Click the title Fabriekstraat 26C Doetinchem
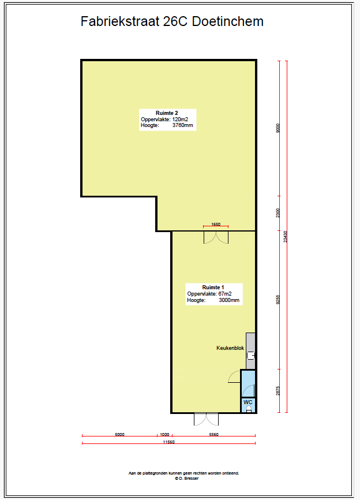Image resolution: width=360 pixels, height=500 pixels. tap(172, 22)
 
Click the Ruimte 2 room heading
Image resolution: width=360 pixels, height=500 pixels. tap(167, 113)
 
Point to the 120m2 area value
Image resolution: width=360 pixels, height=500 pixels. tap(180, 120)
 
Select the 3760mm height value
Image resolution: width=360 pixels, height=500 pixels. tap(182, 125)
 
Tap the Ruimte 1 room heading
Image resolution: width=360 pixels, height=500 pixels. tap(213, 288)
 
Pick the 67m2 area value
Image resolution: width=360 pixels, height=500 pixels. tap(225, 294)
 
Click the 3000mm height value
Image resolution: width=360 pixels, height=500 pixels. tap(229, 300)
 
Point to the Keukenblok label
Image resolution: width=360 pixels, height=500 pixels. tap(230, 348)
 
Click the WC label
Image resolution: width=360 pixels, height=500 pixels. tap(248, 402)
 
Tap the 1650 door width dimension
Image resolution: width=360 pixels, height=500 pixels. tap(216, 224)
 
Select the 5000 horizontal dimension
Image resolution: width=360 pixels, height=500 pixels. tap(120, 434)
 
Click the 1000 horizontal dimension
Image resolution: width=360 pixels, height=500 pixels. tap(164, 434)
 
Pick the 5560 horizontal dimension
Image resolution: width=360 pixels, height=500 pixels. tap(214, 434)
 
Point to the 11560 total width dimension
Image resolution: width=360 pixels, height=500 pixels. tap(169, 442)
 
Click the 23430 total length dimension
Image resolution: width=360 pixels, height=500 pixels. tap(286, 237)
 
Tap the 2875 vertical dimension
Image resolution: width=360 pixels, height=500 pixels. tap(278, 391)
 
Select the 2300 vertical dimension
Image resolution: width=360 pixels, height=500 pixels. tap(278, 212)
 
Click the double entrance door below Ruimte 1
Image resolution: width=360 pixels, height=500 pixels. tap(207, 419)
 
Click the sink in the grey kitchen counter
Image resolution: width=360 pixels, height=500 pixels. tap(252, 355)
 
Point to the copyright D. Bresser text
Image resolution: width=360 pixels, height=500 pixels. tap(187, 478)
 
